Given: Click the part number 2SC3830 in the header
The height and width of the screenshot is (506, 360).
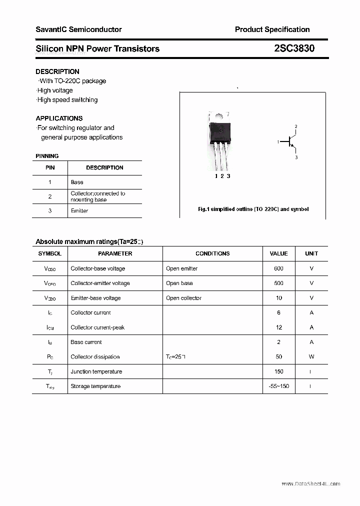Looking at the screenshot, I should pyautogui.click(x=294, y=48).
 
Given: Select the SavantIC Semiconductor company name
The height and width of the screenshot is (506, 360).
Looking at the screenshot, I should pyautogui.click(x=78, y=29).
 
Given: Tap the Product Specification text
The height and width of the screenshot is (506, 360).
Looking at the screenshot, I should pyautogui.click(x=272, y=29).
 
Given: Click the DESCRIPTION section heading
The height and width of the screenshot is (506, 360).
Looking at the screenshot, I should pyautogui.click(x=57, y=71).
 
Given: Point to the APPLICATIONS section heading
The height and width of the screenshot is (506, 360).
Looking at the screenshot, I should pyautogui.click(x=59, y=118).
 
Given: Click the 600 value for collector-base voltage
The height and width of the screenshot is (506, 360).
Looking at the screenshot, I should pyautogui.click(x=278, y=268).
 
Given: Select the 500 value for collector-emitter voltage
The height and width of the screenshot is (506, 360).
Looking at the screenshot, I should pyautogui.click(x=278, y=283).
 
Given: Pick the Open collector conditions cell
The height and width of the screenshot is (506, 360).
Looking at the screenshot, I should pyautogui.click(x=183, y=298).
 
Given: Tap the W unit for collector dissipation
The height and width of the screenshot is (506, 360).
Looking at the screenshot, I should pyautogui.click(x=311, y=357).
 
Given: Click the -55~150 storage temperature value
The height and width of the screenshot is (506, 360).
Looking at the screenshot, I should pyautogui.click(x=278, y=386).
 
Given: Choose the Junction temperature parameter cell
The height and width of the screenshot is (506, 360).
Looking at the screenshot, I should pyautogui.click(x=96, y=371).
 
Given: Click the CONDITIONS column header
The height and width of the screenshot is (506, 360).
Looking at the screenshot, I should pyautogui.click(x=212, y=253).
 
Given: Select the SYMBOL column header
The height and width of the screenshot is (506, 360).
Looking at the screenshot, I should pyautogui.click(x=49, y=253).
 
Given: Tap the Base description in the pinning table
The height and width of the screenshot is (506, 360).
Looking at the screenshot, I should pyautogui.click(x=77, y=182).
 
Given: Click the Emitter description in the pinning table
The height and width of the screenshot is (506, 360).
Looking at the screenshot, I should pyautogui.click(x=79, y=211).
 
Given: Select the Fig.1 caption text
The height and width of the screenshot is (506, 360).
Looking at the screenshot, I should pyautogui.click(x=253, y=209).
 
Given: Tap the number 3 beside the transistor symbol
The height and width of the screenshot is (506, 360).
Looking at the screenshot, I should pyautogui.click(x=296, y=157).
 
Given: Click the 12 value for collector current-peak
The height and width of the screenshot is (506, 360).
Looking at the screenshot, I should pyautogui.click(x=278, y=327).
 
